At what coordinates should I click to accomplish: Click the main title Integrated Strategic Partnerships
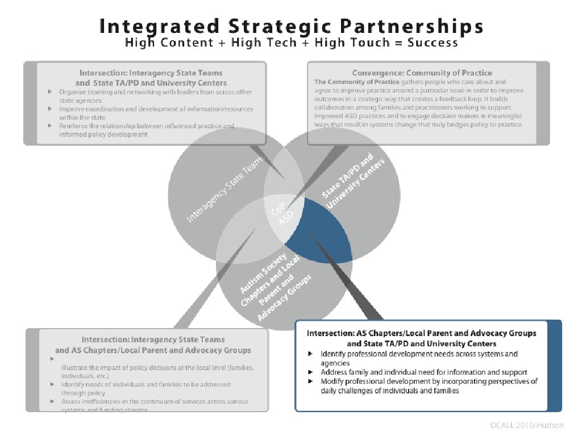coord(291,26)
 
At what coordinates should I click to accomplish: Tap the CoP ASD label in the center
coord(282,213)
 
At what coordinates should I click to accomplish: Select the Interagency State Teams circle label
coord(226,190)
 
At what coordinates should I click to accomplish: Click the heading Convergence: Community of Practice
coord(422,73)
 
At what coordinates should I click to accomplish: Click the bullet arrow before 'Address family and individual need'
coord(310,372)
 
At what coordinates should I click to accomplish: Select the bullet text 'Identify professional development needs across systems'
coord(419,354)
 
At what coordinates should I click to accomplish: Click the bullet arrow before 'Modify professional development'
coord(310,381)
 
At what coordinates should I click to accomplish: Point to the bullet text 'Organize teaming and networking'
coord(155,91)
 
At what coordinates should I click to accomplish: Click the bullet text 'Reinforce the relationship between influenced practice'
coord(146,125)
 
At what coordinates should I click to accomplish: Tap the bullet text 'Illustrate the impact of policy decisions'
coord(157,367)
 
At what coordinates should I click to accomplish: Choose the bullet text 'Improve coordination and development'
coord(156,108)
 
